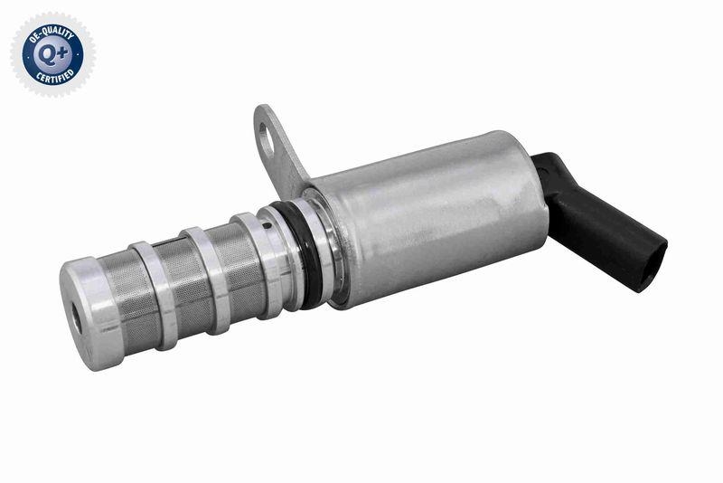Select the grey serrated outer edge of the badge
16,52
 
